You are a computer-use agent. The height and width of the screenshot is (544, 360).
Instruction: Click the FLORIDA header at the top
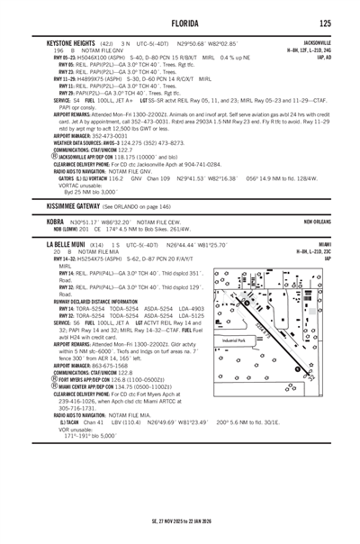179,23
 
